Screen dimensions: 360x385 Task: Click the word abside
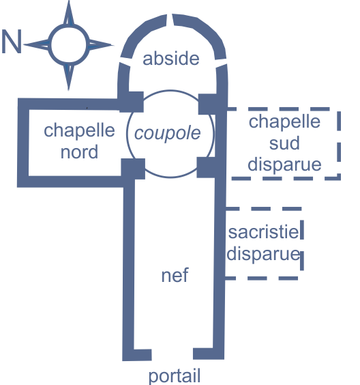coord(171,58)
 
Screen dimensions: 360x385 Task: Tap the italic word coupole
coord(168,133)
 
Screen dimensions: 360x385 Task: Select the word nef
coord(175,275)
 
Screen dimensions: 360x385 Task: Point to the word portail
coord(175,376)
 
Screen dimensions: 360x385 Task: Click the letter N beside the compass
coord(12,41)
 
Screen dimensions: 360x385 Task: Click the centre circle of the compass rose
coord(69,44)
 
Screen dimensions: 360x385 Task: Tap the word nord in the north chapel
coord(79,152)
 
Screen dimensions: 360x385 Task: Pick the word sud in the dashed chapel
coord(284,143)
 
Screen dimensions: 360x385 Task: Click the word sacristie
coord(263,232)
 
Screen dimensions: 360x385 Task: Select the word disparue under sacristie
coord(263,254)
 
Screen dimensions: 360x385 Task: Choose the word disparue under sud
coord(284,165)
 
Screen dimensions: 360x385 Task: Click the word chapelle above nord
coord(79,130)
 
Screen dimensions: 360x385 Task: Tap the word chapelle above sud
coord(284,122)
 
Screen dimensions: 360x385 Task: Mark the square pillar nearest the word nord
coord(133,169)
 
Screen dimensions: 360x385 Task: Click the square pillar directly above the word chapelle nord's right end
coord(132,102)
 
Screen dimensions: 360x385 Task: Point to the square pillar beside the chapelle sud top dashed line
coord(207,104)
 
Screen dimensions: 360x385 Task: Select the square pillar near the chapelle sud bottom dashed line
coord(206,167)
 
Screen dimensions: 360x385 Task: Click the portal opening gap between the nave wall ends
coord(172,354)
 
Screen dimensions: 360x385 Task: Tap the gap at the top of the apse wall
coord(170,20)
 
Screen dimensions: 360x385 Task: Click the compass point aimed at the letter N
coord(37,44)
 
